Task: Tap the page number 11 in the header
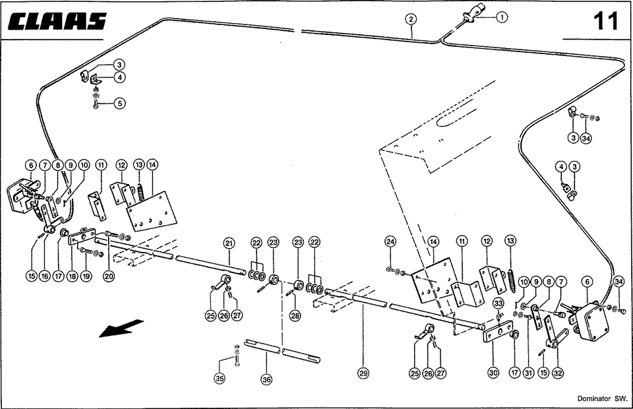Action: click(x=605, y=21)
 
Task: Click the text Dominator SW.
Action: click(x=601, y=399)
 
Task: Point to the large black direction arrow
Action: click(x=121, y=327)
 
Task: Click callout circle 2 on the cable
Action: click(x=411, y=19)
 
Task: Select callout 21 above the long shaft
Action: click(x=228, y=243)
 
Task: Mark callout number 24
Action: click(x=390, y=242)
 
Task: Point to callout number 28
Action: click(x=295, y=316)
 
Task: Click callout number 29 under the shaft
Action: click(x=363, y=373)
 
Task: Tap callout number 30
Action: click(x=493, y=373)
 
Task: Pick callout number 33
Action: click(x=498, y=303)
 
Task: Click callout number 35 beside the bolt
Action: click(x=219, y=378)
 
